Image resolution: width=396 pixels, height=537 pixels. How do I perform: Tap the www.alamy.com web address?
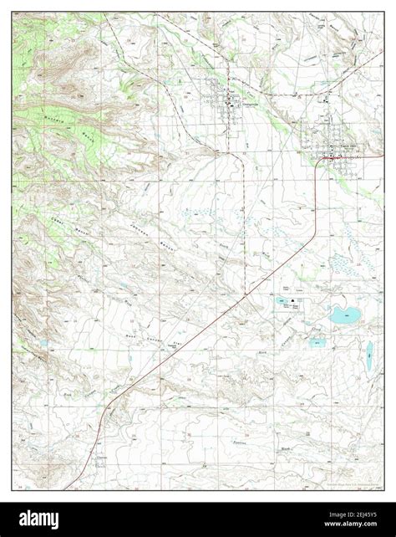coord(352,524)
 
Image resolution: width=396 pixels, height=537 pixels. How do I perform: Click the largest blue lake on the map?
coord(342,315)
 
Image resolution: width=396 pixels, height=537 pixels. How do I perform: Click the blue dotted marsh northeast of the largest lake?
coord(343,266)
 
